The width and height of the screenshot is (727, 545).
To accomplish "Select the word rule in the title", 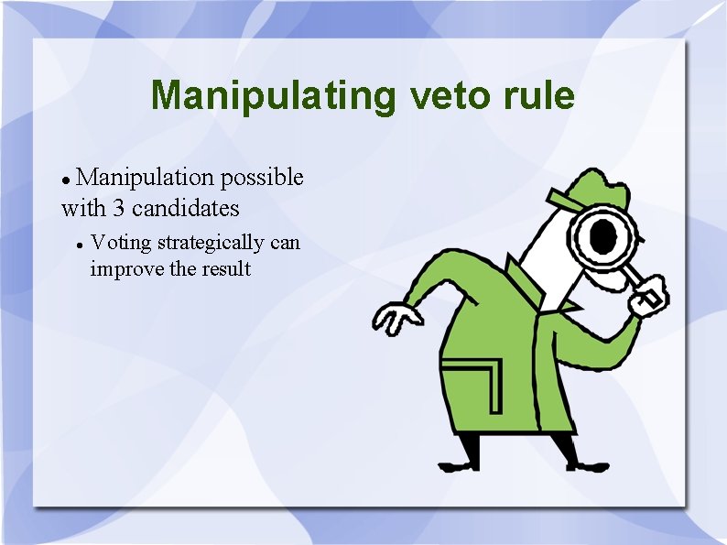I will point(540,95).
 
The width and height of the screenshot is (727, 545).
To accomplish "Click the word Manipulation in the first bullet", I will point(146,177).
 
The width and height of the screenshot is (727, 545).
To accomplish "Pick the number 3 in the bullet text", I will point(119,209).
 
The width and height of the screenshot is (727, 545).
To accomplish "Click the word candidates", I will point(186,209).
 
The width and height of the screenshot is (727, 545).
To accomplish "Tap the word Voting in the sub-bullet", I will point(122,243).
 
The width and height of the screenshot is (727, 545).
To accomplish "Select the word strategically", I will point(211,244).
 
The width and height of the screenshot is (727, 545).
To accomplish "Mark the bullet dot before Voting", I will point(81,245).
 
